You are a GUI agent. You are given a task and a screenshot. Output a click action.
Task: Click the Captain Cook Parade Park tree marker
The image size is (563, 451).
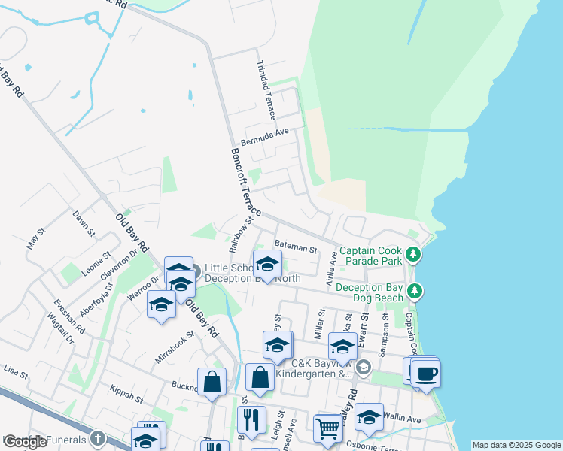tap(412, 255)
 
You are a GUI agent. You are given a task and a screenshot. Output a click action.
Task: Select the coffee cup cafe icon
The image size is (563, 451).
tap(426, 373)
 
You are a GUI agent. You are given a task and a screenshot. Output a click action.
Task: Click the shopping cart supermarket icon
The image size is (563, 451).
tap(327, 428)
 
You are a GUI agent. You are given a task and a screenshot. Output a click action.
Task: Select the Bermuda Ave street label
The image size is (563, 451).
tap(265, 137)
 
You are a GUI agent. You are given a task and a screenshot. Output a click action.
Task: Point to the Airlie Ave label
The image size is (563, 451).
tap(331, 270)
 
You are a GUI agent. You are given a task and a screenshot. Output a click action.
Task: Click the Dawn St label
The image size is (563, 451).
tap(83, 223)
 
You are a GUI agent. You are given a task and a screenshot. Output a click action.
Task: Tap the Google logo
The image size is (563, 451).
tap(25, 442)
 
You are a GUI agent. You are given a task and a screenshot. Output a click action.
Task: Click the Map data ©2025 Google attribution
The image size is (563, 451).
tap(516, 445)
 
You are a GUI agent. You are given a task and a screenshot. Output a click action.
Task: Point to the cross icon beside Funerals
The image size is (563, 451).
tap(98, 437)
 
